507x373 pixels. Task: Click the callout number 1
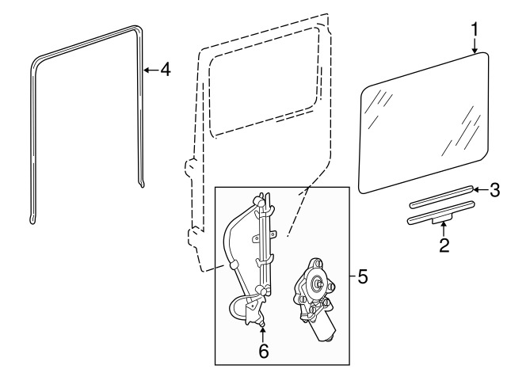coord(475,29)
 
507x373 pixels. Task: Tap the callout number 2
coord(444,245)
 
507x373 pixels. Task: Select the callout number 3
coord(494,190)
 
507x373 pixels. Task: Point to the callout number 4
coord(166,70)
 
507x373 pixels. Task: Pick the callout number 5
coord(363,276)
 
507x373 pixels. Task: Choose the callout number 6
coord(264,351)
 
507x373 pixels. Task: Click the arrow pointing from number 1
coord(475,46)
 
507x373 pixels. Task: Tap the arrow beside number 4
coord(151,70)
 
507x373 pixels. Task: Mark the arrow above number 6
coord(262,334)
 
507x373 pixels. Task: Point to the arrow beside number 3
coord(481,189)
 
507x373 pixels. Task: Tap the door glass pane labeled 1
coord(424,123)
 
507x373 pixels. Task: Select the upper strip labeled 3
coord(442,196)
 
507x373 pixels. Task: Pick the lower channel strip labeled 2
coord(440,213)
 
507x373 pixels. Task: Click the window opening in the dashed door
coord(264,82)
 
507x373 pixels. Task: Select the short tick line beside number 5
coord(353,276)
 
